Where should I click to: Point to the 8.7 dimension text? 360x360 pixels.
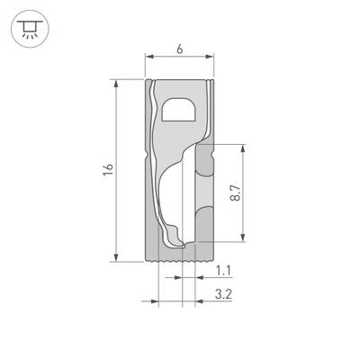point(234,193)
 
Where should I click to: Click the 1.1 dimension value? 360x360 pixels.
point(225,269)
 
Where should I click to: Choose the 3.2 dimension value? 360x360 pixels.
point(225,293)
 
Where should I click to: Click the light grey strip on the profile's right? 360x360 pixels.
point(205,189)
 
